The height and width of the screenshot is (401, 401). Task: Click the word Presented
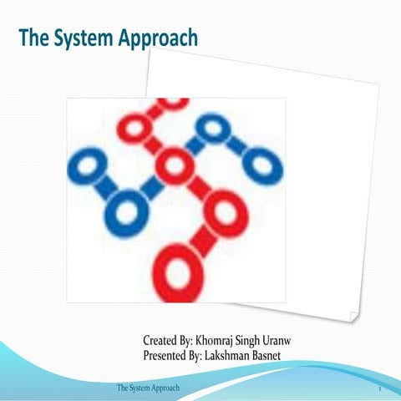coord(166,356)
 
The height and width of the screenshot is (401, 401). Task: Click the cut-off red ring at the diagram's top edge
coord(173,103)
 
